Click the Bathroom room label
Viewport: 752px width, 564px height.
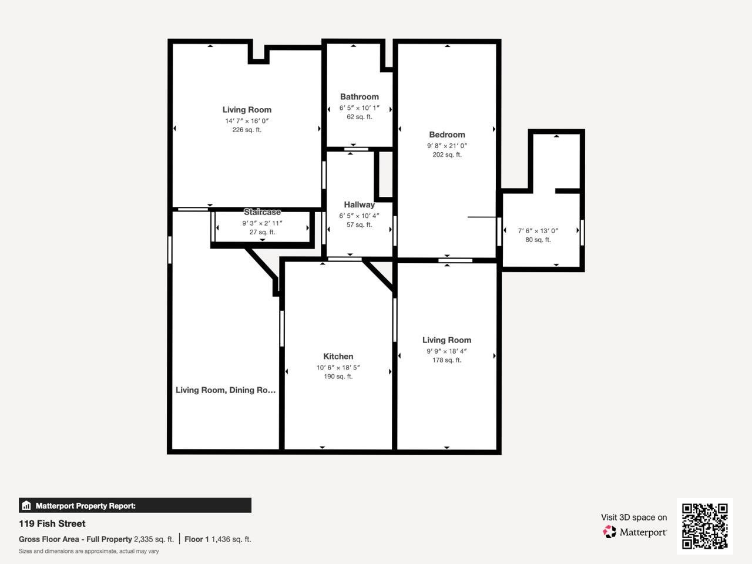tap(359, 97)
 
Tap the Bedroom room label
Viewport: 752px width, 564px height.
tap(446, 135)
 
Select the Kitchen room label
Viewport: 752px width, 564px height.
tap(338, 357)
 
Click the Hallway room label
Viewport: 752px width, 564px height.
tap(359, 205)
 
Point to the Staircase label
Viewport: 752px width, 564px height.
tap(262, 212)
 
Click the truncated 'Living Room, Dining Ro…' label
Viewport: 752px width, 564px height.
tap(226, 390)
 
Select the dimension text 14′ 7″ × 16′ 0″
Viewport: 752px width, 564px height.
tap(247, 121)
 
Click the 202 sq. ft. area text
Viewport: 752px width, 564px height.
tap(446, 155)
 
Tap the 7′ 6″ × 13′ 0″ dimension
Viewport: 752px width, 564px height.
tap(538, 231)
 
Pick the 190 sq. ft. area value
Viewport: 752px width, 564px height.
tap(338, 377)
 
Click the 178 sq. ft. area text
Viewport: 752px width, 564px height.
tap(446, 360)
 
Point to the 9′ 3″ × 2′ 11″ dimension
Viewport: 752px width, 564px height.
tap(262, 223)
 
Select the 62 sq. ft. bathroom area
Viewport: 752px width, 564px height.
tap(359, 117)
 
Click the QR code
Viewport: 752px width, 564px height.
tap(704, 526)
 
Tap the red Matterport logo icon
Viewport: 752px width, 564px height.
tap(610, 532)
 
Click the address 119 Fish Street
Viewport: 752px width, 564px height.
tap(52, 523)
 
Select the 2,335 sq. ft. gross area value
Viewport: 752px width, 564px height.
tap(154, 539)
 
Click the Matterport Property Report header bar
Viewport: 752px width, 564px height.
tap(135, 505)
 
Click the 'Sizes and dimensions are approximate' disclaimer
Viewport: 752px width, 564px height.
tap(89, 551)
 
